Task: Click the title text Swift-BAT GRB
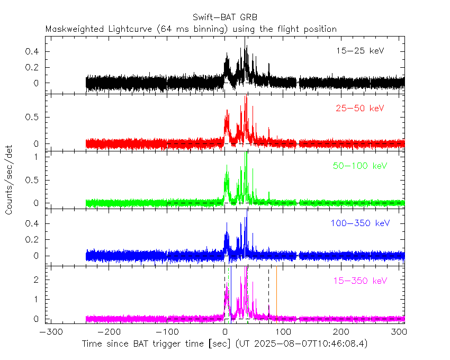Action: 225,17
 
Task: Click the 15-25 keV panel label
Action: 359,51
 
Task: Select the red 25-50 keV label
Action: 359,109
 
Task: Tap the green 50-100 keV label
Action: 359,166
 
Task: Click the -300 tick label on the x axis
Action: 49,332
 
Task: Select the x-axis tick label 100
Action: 283,332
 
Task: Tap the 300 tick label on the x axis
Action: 400,332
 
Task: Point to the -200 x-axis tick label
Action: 107,332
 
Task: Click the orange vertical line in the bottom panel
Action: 276,294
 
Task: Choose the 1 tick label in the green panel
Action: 38,157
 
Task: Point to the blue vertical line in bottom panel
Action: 230,294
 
